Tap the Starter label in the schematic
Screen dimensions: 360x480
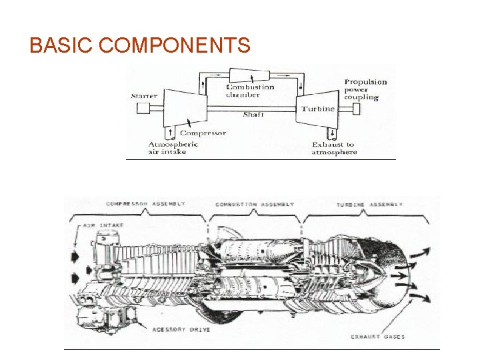(144, 96)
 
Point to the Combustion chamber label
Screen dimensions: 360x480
(249, 91)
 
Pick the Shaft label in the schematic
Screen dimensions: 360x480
(253, 115)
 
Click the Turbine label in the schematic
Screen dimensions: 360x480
(318, 109)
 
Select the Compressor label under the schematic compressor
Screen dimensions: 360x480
(203, 133)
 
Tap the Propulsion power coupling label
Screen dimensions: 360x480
(365, 89)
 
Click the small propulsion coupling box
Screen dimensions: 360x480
(356, 109)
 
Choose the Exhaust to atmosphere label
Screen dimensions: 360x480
(334, 148)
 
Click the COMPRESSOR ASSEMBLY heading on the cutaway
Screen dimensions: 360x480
(145, 203)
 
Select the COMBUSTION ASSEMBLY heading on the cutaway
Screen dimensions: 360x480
(255, 204)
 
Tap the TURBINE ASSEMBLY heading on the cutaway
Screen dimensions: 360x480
(369, 203)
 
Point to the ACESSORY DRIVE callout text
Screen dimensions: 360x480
(181, 330)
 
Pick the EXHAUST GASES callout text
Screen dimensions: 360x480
(377, 337)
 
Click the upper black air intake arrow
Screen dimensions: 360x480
(75, 254)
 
